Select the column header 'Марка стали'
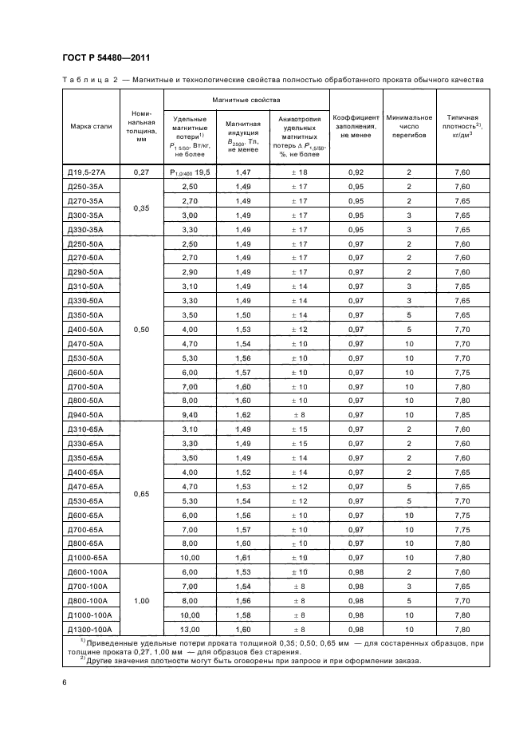pos(91,127)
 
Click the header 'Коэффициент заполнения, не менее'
pos(356,126)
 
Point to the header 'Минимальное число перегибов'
pos(409,126)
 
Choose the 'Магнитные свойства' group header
pos(246,100)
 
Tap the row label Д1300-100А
pos(91,630)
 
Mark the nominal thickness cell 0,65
pos(142,493)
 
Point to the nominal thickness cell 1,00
pos(142,601)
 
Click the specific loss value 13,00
pos(189,630)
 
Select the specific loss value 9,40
pos(189,415)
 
